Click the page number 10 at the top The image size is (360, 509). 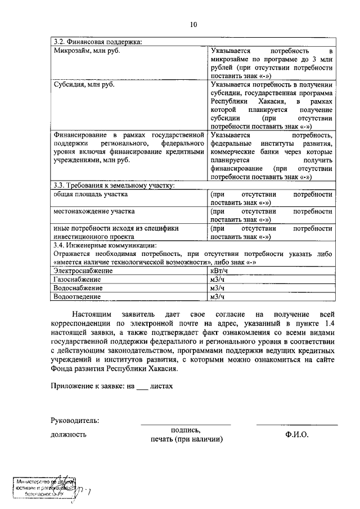193,24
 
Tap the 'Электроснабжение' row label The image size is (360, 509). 83,271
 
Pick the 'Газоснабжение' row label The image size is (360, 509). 78,280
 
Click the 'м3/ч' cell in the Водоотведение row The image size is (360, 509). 218,296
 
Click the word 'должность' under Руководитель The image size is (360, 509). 69,434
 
